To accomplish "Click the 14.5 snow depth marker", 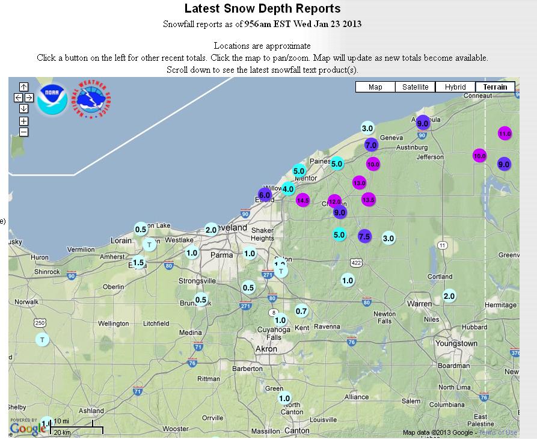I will click(302, 200).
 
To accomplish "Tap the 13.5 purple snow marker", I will click(369, 199).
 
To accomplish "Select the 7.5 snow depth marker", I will click(364, 236).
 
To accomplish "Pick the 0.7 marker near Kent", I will click(302, 311).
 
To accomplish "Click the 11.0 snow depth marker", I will click(505, 134).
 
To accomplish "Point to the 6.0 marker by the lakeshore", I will click(265, 195).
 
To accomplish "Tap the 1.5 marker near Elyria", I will click(139, 262).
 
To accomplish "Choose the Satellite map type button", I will click(416, 87).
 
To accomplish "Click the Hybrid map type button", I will click(455, 87).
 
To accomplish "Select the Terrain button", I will click(495, 87).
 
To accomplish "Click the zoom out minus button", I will click(23, 132).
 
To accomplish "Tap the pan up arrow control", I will click(23, 87).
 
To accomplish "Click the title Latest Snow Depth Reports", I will click(262, 8).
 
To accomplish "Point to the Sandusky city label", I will click(14, 242).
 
